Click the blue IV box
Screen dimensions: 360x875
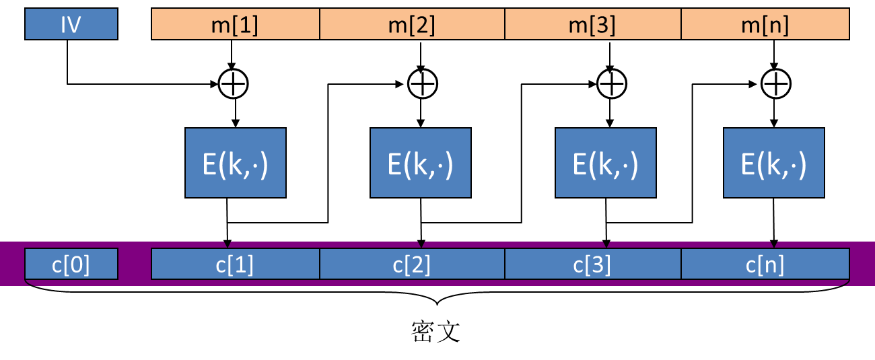[71, 25]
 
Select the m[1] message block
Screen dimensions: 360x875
[236, 25]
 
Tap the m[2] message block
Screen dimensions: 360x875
[412, 25]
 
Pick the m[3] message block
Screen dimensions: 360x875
[593, 25]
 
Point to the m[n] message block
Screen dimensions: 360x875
[765, 25]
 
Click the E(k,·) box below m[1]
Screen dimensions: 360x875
[236, 163]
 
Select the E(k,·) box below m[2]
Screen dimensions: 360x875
[421, 163]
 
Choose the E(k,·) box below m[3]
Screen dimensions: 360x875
[606, 163]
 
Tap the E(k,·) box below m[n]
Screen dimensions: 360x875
[774, 163]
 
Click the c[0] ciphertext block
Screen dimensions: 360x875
[71, 264]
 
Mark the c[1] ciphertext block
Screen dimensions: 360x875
[236, 264]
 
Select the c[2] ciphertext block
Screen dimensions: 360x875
[412, 264]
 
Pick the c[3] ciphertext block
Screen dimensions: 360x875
[593, 264]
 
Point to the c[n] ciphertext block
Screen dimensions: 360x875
[765, 264]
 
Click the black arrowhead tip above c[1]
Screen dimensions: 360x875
[228, 245]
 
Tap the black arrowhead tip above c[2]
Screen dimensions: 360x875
[421, 245]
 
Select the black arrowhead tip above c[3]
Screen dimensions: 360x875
[606, 245]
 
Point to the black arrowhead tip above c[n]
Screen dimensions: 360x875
[774, 245]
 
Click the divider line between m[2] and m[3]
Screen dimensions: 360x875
[505, 25]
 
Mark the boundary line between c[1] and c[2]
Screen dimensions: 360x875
[320, 264]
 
